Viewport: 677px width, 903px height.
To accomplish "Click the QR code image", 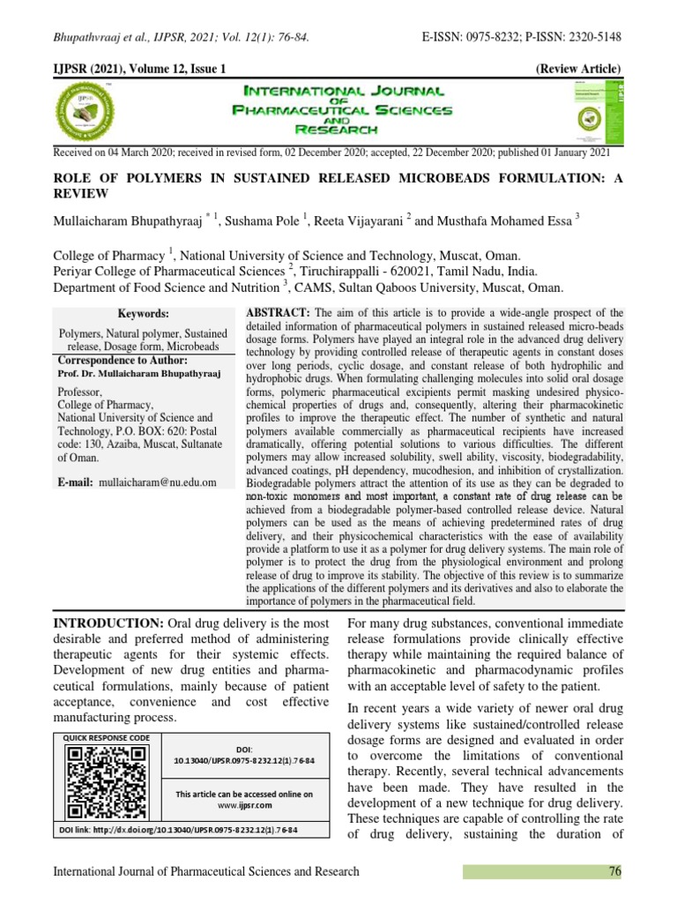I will pyautogui.click(x=107, y=782).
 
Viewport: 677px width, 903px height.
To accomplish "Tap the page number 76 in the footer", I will pyautogui.click(x=614, y=872).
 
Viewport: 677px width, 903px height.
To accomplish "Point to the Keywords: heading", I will pyautogui.click(x=143, y=314).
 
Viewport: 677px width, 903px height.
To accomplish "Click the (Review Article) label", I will pyautogui.click(x=578, y=69).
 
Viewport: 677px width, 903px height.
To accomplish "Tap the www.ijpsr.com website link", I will pyautogui.click(x=243, y=806).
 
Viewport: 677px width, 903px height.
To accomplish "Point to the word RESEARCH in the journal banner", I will pyautogui.click(x=338, y=130).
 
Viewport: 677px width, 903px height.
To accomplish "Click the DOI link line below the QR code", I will pyautogui.click(x=177, y=831).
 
